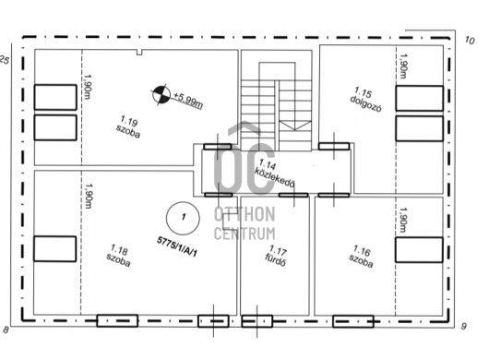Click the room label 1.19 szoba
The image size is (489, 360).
[x=128, y=126]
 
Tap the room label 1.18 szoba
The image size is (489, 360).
[x=118, y=256]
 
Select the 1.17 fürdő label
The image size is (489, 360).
[x=276, y=256]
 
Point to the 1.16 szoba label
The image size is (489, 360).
[x=361, y=257]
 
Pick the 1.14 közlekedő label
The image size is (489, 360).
[x=274, y=174]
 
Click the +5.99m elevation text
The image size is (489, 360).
[x=188, y=100]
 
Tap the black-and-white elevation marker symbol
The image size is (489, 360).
[x=161, y=95]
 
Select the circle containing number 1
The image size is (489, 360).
[x=183, y=218]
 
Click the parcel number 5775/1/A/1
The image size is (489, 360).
[x=177, y=246]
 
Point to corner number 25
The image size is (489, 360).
[x=4, y=60]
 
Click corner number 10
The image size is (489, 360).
[x=470, y=41]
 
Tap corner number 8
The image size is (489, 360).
[x=6, y=330]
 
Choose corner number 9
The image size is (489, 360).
[x=464, y=327]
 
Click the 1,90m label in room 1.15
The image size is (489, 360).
[x=403, y=66]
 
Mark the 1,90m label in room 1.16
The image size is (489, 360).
[x=403, y=220]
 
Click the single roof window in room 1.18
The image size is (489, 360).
[x=54, y=248]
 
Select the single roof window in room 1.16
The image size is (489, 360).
[x=419, y=249]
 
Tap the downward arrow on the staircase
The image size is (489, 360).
[x=294, y=126]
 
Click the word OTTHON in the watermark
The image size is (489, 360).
[x=244, y=215]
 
